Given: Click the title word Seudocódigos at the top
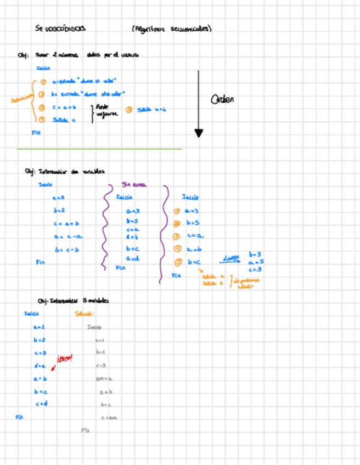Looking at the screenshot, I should coord(60,29).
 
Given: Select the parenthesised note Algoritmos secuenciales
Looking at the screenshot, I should coord(172,29).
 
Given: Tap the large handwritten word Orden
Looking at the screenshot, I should coord(222,99).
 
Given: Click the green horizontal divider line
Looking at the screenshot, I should coord(99,149).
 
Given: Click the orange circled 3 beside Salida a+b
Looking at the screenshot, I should coord(129,109).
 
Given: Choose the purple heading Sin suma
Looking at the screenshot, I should coord(134,185).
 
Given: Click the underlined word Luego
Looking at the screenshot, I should coord(231,258).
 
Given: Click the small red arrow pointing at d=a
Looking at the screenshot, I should coord(53,368).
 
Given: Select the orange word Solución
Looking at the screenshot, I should coord(85,314).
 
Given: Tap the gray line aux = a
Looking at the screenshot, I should coord(104,378).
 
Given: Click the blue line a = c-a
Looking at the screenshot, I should coord(68,237).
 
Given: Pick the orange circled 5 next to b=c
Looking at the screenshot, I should coord(177,262).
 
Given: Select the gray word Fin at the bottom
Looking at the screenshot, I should coord(85,430).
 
